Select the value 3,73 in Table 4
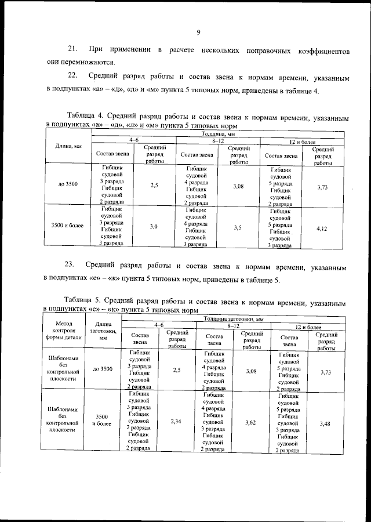click(x=323, y=187)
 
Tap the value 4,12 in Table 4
click(x=323, y=229)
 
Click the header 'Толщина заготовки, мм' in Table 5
click(x=234, y=319)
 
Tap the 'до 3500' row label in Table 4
click(x=68, y=184)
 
